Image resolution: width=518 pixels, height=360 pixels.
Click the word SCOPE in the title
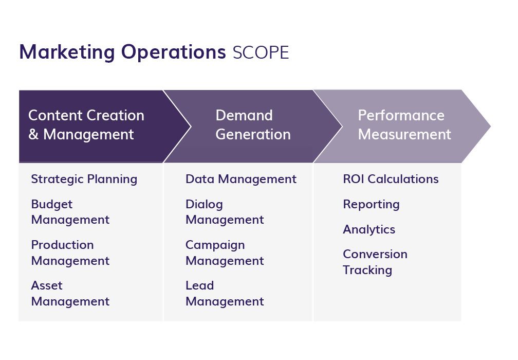pyautogui.click(x=261, y=52)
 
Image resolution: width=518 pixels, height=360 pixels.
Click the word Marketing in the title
pyautogui.click(x=67, y=52)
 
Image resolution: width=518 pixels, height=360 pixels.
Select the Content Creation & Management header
pyautogui.click(x=86, y=125)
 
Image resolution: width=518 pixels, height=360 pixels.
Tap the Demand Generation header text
pyautogui.click(x=253, y=125)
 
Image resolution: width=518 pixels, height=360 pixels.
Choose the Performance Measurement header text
pyautogui.click(x=404, y=125)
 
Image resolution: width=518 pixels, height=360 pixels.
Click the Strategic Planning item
pyautogui.click(x=84, y=179)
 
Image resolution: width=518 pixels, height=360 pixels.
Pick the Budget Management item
pyautogui.click(x=70, y=212)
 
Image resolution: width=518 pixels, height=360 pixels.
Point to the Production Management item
pyautogui.click(x=70, y=253)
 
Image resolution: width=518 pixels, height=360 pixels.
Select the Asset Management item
pyautogui.click(x=70, y=293)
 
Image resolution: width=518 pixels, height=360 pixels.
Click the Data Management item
pyautogui.click(x=240, y=179)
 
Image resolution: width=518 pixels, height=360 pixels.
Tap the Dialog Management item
pyautogui.click(x=225, y=212)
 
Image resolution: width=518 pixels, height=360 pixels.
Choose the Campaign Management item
pyautogui.click(x=225, y=253)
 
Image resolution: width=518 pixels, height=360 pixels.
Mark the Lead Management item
pyautogui.click(x=225, y=293)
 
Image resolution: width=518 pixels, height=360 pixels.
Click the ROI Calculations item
pyautogui.click(x=391, y=179)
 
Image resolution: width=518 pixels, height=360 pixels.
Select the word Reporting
pyautogui.click(x=371, y=204)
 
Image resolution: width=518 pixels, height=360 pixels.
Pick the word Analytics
pyautogui.click(x=369, y=229)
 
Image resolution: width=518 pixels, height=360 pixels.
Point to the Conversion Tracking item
pyautogui.click(x=375, y=262)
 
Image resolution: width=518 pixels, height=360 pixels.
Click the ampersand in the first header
pyautogui.click(x=33, y=135)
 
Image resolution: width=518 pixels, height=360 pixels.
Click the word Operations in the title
pyautogui.click(x=173, y=52)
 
